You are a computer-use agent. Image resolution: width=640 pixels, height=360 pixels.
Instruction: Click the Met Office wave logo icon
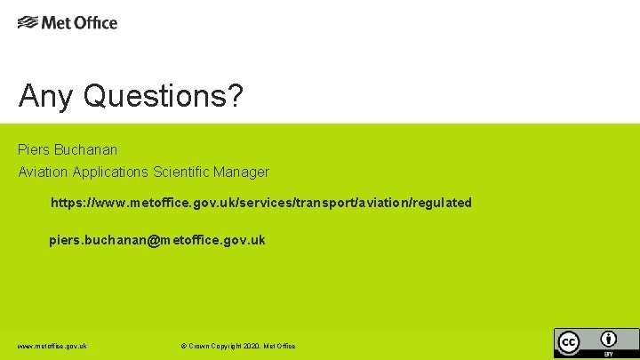(28, 22)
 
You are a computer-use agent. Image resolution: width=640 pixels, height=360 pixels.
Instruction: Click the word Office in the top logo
(95, 22)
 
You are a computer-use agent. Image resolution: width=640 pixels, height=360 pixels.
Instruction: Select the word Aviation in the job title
(43, 172)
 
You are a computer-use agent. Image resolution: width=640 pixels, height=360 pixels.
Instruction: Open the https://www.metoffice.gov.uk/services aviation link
(260, 203)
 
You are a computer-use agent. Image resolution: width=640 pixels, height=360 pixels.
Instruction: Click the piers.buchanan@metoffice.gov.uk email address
(156, 240)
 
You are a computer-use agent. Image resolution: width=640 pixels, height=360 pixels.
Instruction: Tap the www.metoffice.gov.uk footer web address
(52, 346)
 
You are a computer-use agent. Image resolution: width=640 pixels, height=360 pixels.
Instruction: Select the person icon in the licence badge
(609, 339)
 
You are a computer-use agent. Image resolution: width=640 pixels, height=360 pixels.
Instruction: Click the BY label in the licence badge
(609, 354)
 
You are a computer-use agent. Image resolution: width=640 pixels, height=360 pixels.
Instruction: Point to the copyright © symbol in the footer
(183, 346)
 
